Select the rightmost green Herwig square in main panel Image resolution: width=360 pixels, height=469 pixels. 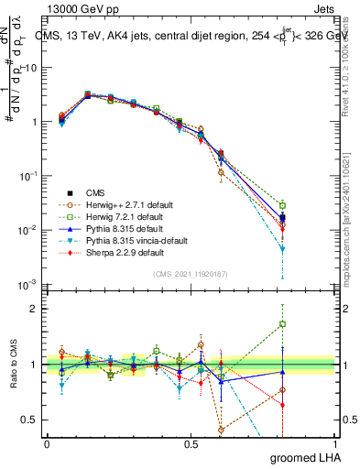pos(283,205)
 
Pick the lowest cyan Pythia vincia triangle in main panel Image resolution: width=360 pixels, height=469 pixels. pos(283,249)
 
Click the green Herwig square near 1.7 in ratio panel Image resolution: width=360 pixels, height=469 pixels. pos(283,323)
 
